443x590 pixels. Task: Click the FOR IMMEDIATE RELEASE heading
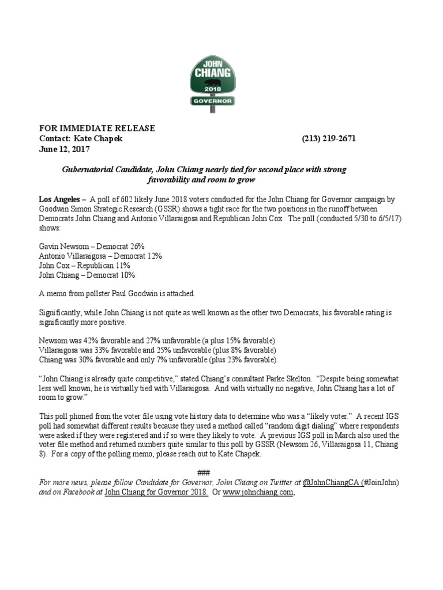97,128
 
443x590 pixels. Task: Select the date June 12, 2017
64,149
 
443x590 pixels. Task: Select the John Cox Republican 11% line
84,266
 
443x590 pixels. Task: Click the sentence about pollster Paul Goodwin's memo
117,293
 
